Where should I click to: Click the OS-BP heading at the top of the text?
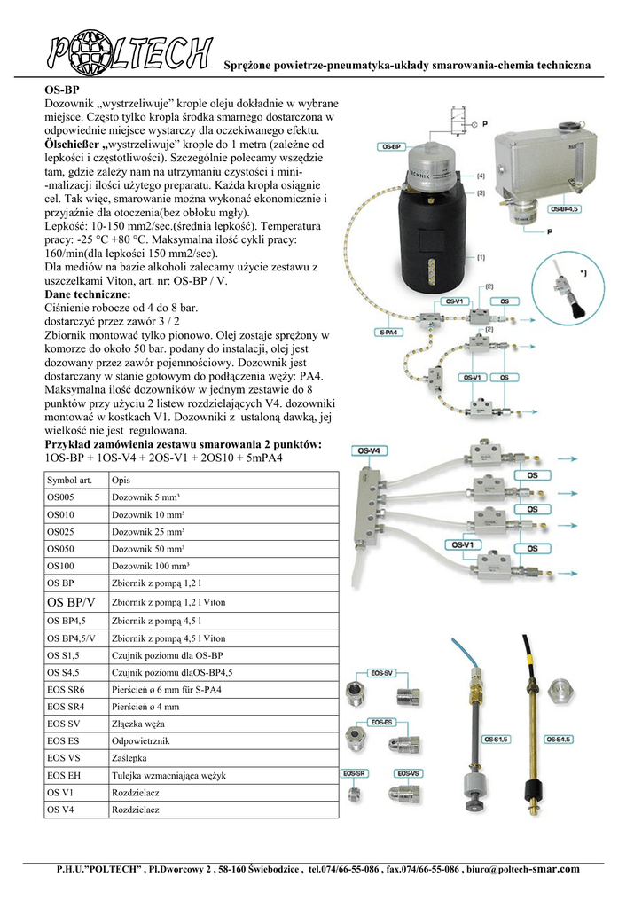click(x=61, y=91)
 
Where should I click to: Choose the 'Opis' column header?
click(x=121, y=481)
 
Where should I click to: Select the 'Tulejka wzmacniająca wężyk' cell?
click(x=168, y=776)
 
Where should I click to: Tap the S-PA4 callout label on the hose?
click(x=386, y=333)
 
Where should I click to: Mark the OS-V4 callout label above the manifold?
click(x=370, y=451)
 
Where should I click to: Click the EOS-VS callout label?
click(x=410, y=773)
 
